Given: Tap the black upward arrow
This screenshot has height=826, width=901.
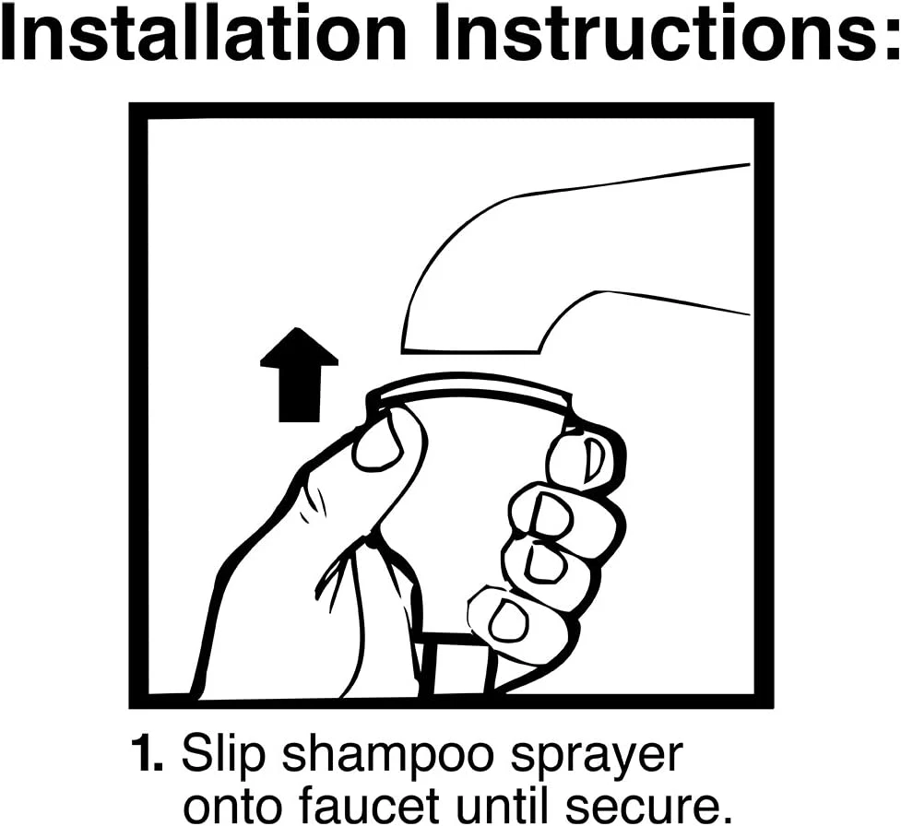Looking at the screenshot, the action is point(299,374).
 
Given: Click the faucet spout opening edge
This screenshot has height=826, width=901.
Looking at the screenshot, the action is point(470,348).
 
